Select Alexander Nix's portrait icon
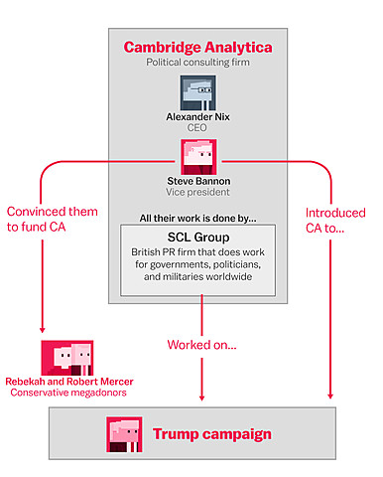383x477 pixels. [199, 92]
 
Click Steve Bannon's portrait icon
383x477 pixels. [199, 155]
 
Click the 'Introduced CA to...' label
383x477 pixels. [333, 221]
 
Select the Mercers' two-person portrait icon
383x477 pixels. [67, 356]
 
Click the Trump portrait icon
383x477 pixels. [124, 434]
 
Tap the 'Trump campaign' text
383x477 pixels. [211, 434]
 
